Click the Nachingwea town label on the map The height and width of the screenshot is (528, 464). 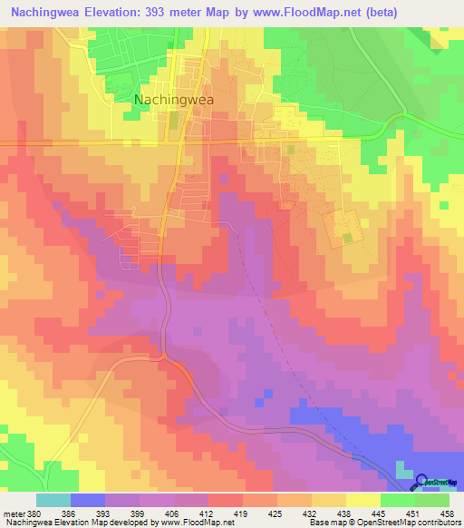pyautogui.click(x=174, y=101)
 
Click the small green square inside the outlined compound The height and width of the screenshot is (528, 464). pyautogui.click(x=349, y=238)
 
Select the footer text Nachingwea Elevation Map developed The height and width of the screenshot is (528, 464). pyautogui.click(x=72, y=523)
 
